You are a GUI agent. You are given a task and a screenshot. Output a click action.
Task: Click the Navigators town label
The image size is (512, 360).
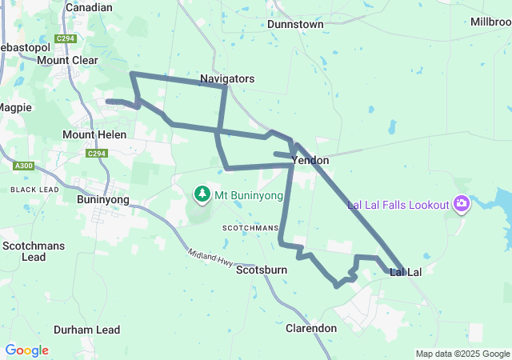point(227,79)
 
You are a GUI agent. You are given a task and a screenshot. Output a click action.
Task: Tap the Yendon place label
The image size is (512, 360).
point(311,161)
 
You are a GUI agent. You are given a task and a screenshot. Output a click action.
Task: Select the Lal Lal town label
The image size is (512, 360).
point(406,273)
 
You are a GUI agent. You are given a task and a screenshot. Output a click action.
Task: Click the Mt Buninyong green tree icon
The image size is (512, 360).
point(202,194)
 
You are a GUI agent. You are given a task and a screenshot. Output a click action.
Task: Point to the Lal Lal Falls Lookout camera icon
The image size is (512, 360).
point(461,205)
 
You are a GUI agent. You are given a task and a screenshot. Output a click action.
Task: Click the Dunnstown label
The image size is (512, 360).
point(295,25)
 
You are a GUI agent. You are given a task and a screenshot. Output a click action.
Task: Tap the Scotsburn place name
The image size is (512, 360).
point(262,270)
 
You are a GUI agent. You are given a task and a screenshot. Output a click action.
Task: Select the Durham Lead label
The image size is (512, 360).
point(86,330)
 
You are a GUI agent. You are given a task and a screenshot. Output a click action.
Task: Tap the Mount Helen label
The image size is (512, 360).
point(94,135)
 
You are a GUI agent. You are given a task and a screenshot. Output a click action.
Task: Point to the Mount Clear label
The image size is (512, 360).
point(67,60)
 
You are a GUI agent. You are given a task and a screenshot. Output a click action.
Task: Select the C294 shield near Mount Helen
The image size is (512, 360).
point(96,154)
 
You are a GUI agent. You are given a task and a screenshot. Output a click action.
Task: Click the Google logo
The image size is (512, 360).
point(26,350)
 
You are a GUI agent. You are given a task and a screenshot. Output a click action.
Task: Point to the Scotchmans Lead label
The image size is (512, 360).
point(34,251)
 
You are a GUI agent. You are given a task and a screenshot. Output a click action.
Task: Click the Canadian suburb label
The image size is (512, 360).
point(89,7)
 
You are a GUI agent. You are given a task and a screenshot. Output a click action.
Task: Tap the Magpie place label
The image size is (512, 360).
point(14,107)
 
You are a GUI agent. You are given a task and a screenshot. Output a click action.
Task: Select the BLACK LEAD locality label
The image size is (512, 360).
point(34,190)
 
